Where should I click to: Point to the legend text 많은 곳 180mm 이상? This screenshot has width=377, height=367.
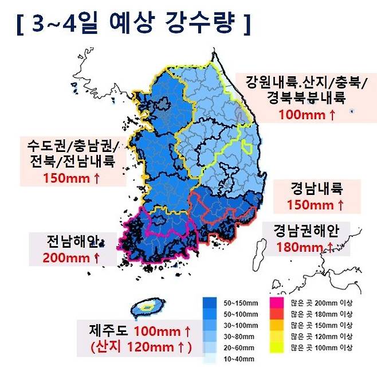321,314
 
